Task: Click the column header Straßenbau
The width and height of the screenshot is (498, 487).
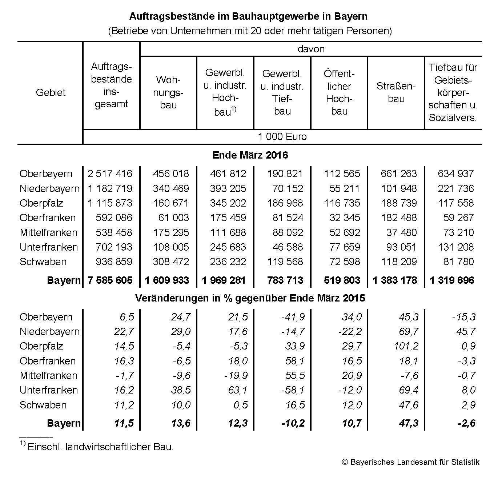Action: [396, 92]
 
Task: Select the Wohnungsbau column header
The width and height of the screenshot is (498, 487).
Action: [168, 92]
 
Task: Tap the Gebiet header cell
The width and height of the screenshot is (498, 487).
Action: [51, 92]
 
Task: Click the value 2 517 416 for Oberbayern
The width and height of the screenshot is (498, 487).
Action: [110, 173]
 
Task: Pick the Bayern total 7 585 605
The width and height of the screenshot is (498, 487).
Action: [110, 280]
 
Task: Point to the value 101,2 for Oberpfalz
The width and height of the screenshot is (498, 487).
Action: [406, 346]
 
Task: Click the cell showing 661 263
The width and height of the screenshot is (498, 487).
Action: [399, 173]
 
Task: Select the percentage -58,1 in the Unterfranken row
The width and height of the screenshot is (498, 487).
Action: [293, 390]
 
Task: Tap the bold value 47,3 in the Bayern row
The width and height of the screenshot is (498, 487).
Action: [409, 423]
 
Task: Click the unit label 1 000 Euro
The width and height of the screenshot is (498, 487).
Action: [282, 137]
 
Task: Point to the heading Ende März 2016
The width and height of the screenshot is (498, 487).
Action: [250, 155]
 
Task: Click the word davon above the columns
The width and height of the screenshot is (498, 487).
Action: [311, 49]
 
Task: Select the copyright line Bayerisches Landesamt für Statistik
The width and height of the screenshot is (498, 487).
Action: [411, 462]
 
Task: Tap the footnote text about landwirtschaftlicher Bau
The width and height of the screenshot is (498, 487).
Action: [100, 447]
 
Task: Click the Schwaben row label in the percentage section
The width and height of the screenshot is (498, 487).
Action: [43, 405]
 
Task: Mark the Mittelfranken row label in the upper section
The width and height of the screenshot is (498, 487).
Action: [48, 232]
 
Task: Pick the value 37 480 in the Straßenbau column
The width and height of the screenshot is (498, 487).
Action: [401, 232]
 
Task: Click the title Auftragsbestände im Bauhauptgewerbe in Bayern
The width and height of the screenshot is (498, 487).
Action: [249, 16]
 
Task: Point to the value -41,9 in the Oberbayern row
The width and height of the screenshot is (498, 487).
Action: [293, 317]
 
